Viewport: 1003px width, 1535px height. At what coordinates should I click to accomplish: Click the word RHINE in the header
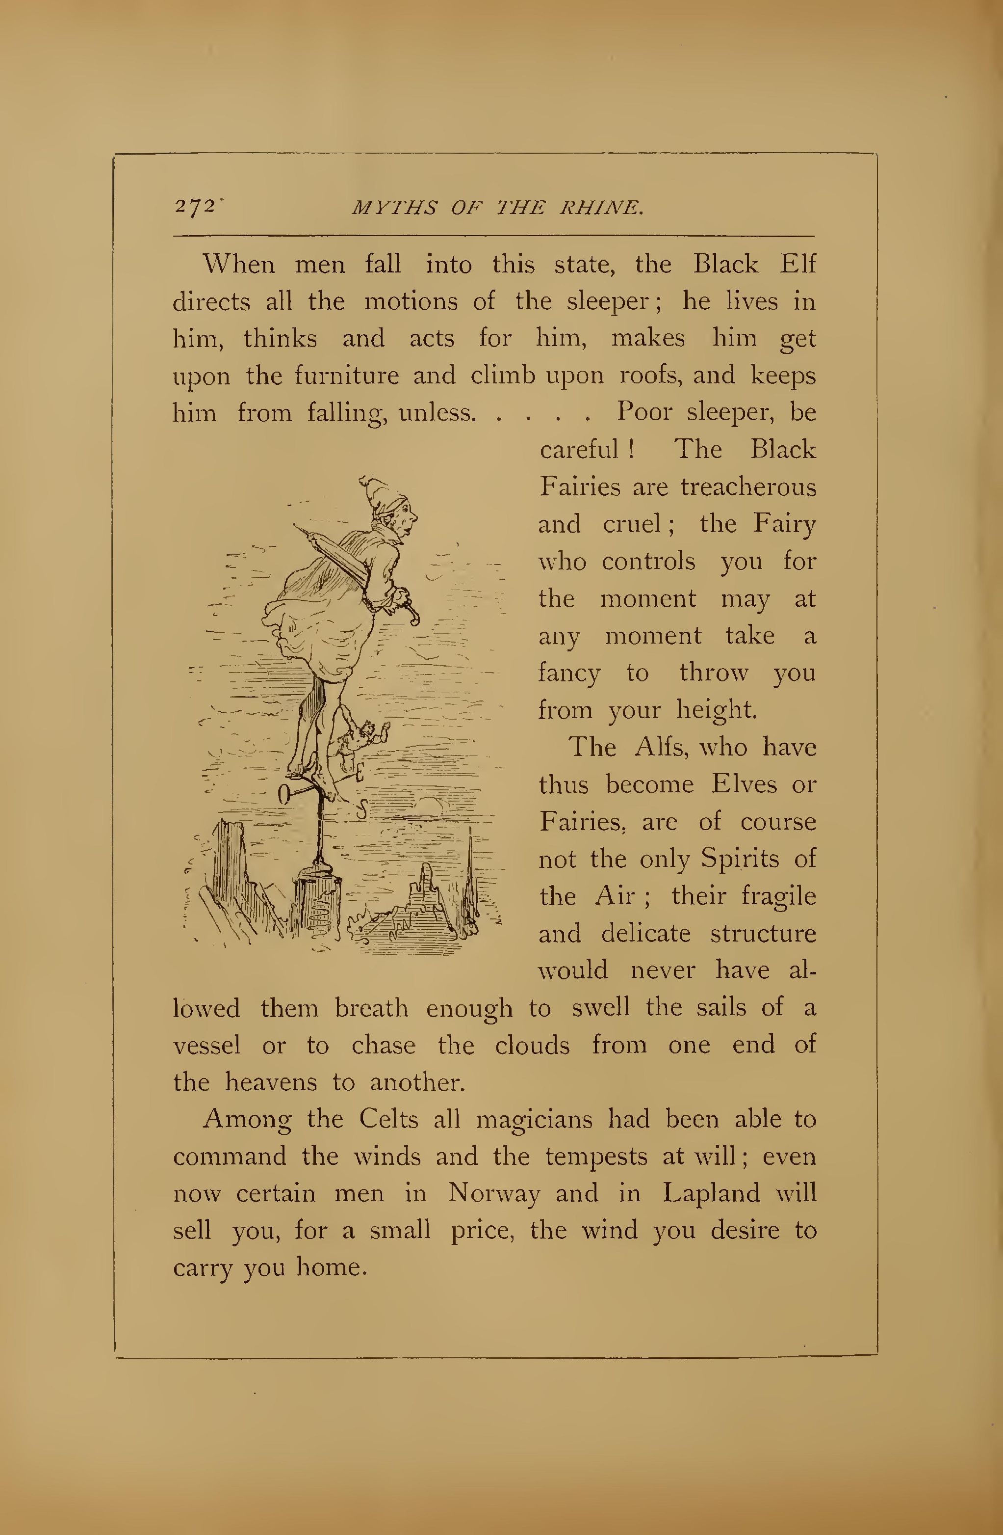tap(601, 208)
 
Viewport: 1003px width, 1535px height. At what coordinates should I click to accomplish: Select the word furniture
tap(347, 376)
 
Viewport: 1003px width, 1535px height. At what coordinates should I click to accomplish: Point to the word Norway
tap(494, 1193)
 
